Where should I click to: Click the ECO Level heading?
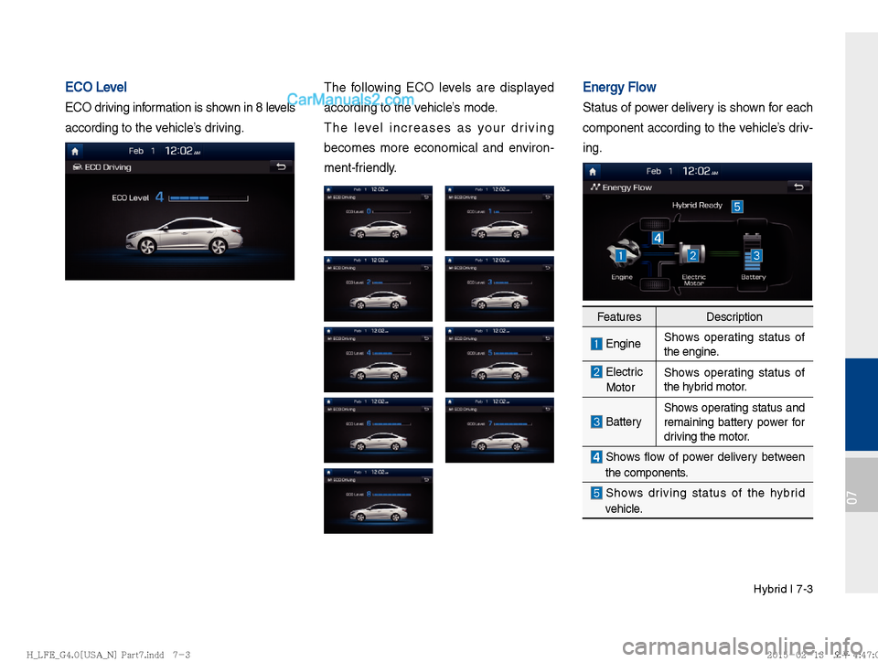[96, 87]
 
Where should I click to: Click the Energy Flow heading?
[619, 87]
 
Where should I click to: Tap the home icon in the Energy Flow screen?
[594, 171]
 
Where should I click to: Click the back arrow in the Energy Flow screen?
[798, 187]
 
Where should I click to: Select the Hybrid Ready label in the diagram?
[697, 206]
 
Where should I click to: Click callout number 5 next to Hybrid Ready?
[736, 207]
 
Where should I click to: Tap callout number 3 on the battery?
[757, 254]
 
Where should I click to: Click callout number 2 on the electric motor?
[694, 254]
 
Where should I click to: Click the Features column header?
[618, 317]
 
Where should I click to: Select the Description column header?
[734, 317]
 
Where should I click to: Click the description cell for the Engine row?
[734, 345]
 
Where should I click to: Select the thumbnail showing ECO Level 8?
[378, 500]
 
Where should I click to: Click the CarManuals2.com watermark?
[351, 100]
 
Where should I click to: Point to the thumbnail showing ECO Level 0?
[378, 218]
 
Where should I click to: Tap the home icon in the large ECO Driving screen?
[77, 151]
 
